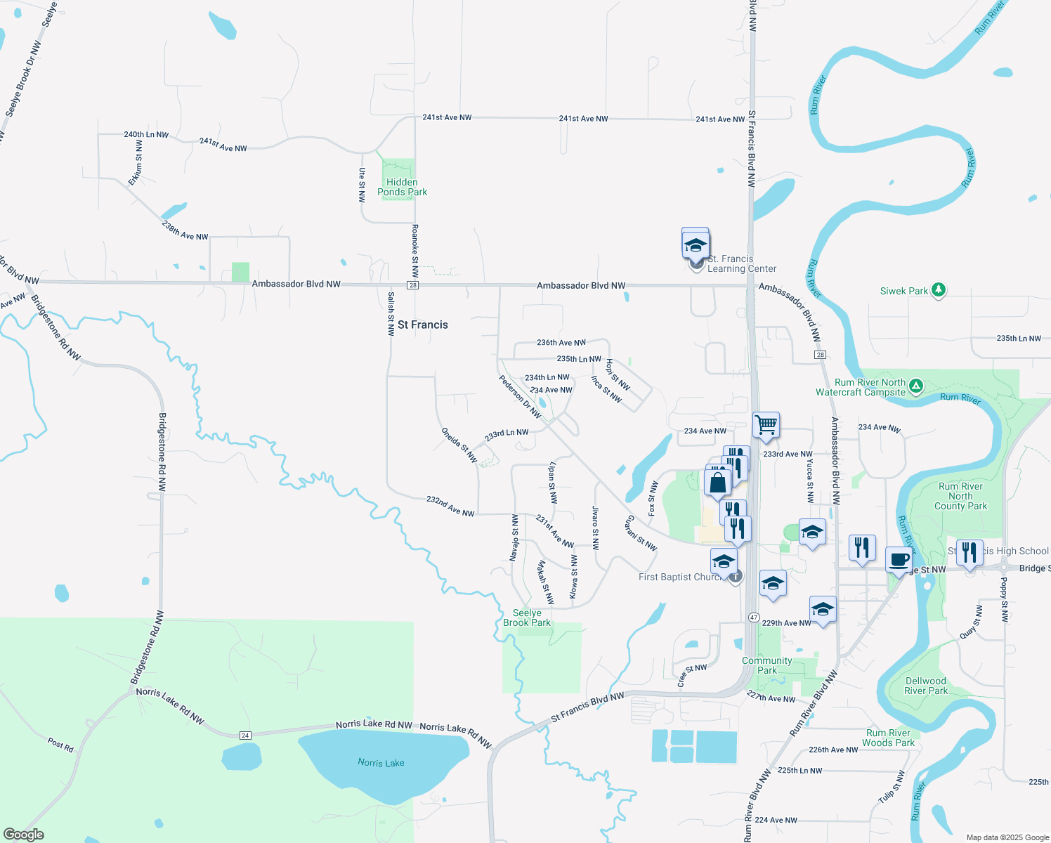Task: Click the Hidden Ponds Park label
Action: pos(402,187)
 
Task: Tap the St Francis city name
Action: pos(422,325)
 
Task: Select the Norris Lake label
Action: pos(381,763)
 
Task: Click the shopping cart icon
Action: pos(766,424)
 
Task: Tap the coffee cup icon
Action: pos(899,560)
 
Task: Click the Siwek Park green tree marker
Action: pos(938,290)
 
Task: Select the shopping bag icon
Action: pos(717,483)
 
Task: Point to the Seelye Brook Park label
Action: pos(527,617)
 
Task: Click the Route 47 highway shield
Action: pos(754,617)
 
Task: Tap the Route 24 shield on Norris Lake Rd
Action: pos(245,735)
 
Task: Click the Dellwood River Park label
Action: pos(925,686)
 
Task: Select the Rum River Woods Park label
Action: pos(888,738)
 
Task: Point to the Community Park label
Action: pos(766,665)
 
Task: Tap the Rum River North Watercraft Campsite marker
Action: pos(915,386)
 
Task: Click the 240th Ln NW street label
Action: pos(146,134)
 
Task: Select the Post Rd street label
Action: pos(60,744)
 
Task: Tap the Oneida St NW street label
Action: pos(459,445)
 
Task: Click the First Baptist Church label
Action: pos(679,577)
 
